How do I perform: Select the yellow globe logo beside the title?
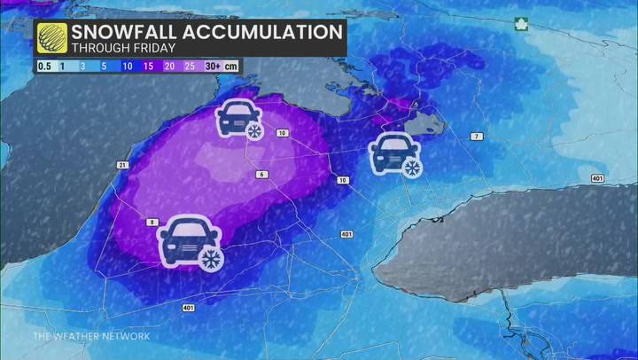click(52, 38)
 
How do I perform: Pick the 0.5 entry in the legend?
click(43, 66)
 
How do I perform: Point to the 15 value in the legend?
click(149, 66)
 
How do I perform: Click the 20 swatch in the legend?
click(170, 66)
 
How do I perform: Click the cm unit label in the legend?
click(230, 66)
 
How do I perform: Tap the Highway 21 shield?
click(122, 166)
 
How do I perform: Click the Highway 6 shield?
click(261, 174)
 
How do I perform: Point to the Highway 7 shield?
click(478, 136)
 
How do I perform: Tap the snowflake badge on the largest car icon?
click(210, 258)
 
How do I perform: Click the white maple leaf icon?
click(521, 25)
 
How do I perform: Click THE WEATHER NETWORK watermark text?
click(91, 336)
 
